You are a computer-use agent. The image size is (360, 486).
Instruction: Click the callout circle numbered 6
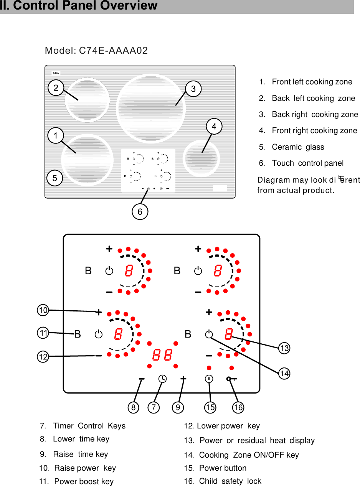point(140,212)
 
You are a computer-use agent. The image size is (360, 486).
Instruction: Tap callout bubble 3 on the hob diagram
point(193,89)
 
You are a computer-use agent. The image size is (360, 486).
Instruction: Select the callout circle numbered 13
point(284,348)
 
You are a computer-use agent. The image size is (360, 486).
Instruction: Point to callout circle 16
point(238,407)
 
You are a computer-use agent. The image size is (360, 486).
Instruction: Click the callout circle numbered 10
point(43,310)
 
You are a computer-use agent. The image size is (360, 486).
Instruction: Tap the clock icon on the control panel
point(163,379)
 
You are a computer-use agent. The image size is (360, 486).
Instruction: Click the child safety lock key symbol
point(231,379)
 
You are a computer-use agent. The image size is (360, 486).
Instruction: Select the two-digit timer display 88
point(162,355)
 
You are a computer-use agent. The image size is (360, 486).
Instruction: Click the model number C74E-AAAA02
point(96,51)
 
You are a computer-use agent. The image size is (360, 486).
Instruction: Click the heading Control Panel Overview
point(79,6)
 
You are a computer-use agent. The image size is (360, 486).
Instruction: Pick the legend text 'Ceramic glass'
point(297,147)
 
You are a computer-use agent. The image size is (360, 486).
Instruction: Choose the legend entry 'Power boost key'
point(83,481)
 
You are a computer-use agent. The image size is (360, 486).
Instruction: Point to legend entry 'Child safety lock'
point(230,481)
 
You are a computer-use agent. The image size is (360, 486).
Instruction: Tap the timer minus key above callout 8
point(142,379)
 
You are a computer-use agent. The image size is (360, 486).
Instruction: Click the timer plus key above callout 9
point(183,379)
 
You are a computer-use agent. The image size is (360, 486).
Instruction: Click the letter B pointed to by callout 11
point(78,334)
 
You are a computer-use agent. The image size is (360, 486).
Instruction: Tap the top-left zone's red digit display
point(129,271)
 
